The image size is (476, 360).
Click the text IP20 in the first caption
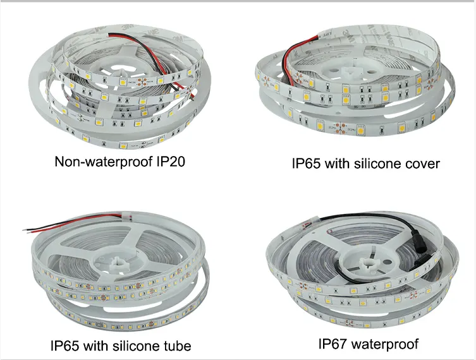pyautogui.click(x=171, y=161)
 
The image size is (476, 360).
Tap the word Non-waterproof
pyautogui.click(x=104, y=161)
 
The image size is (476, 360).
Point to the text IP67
pyautogui.click(x=333, y=344)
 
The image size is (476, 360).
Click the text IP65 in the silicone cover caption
pyautogui.click(x=306, y=164)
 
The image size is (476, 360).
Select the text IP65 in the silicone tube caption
pyautogui.click(x=64, y=345)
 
